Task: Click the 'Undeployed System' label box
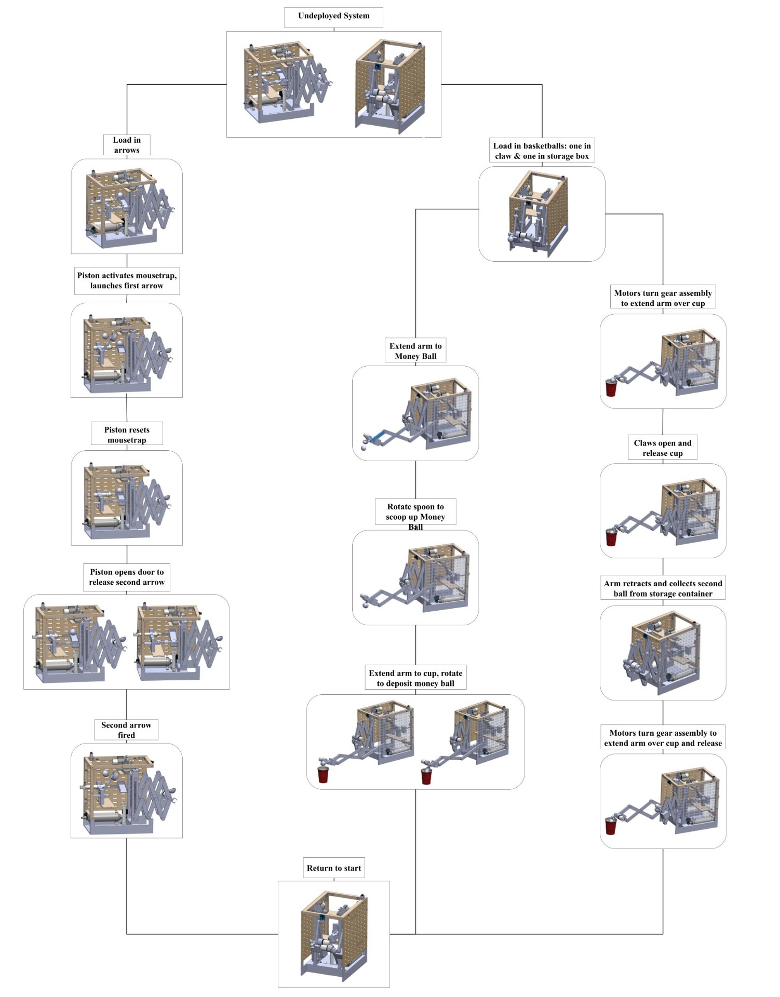coord(333,17)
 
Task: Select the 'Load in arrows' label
coord(127,145)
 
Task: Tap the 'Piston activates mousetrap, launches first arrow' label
coord(127,281)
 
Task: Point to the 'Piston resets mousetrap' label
coord(127,435)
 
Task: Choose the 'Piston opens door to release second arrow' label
coord(127,577)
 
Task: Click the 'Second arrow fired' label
coord(126,730)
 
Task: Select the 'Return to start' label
coord(333,868)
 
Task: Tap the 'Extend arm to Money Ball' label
coord(415,351)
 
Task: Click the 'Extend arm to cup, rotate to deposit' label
coord(415,679)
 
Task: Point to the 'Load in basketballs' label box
coord(542,151)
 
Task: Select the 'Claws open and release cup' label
coord(663,448)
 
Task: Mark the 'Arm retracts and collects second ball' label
coord(663,588)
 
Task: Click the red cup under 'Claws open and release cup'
coord(611,538)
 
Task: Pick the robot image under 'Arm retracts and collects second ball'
coord(663,653)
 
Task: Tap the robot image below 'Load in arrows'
coord(127,207)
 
